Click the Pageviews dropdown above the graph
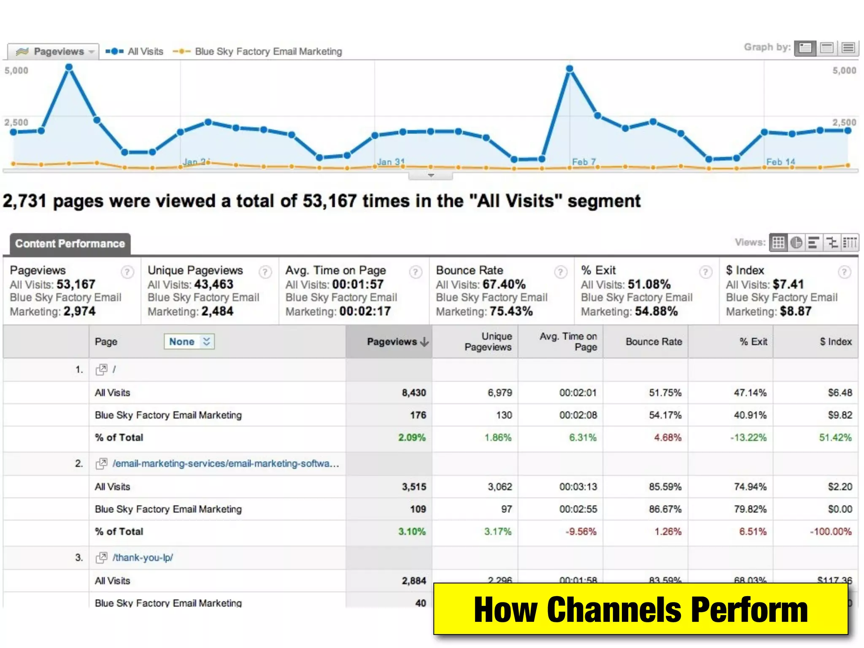[54, 51]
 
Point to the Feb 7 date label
[584, 162]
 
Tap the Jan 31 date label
[391, 162]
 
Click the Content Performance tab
[70, 244]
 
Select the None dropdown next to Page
[189, 342]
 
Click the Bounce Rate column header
[653, 342]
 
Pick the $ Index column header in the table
[835, 342]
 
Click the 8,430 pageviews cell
[413, 393]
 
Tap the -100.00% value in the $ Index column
[830, 532]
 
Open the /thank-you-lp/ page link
[143, 558]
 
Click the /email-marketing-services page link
[225, 464]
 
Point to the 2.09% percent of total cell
[412, 437]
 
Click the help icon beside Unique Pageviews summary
[265, 272]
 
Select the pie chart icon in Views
[796, 243]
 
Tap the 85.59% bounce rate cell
[665, 487]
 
